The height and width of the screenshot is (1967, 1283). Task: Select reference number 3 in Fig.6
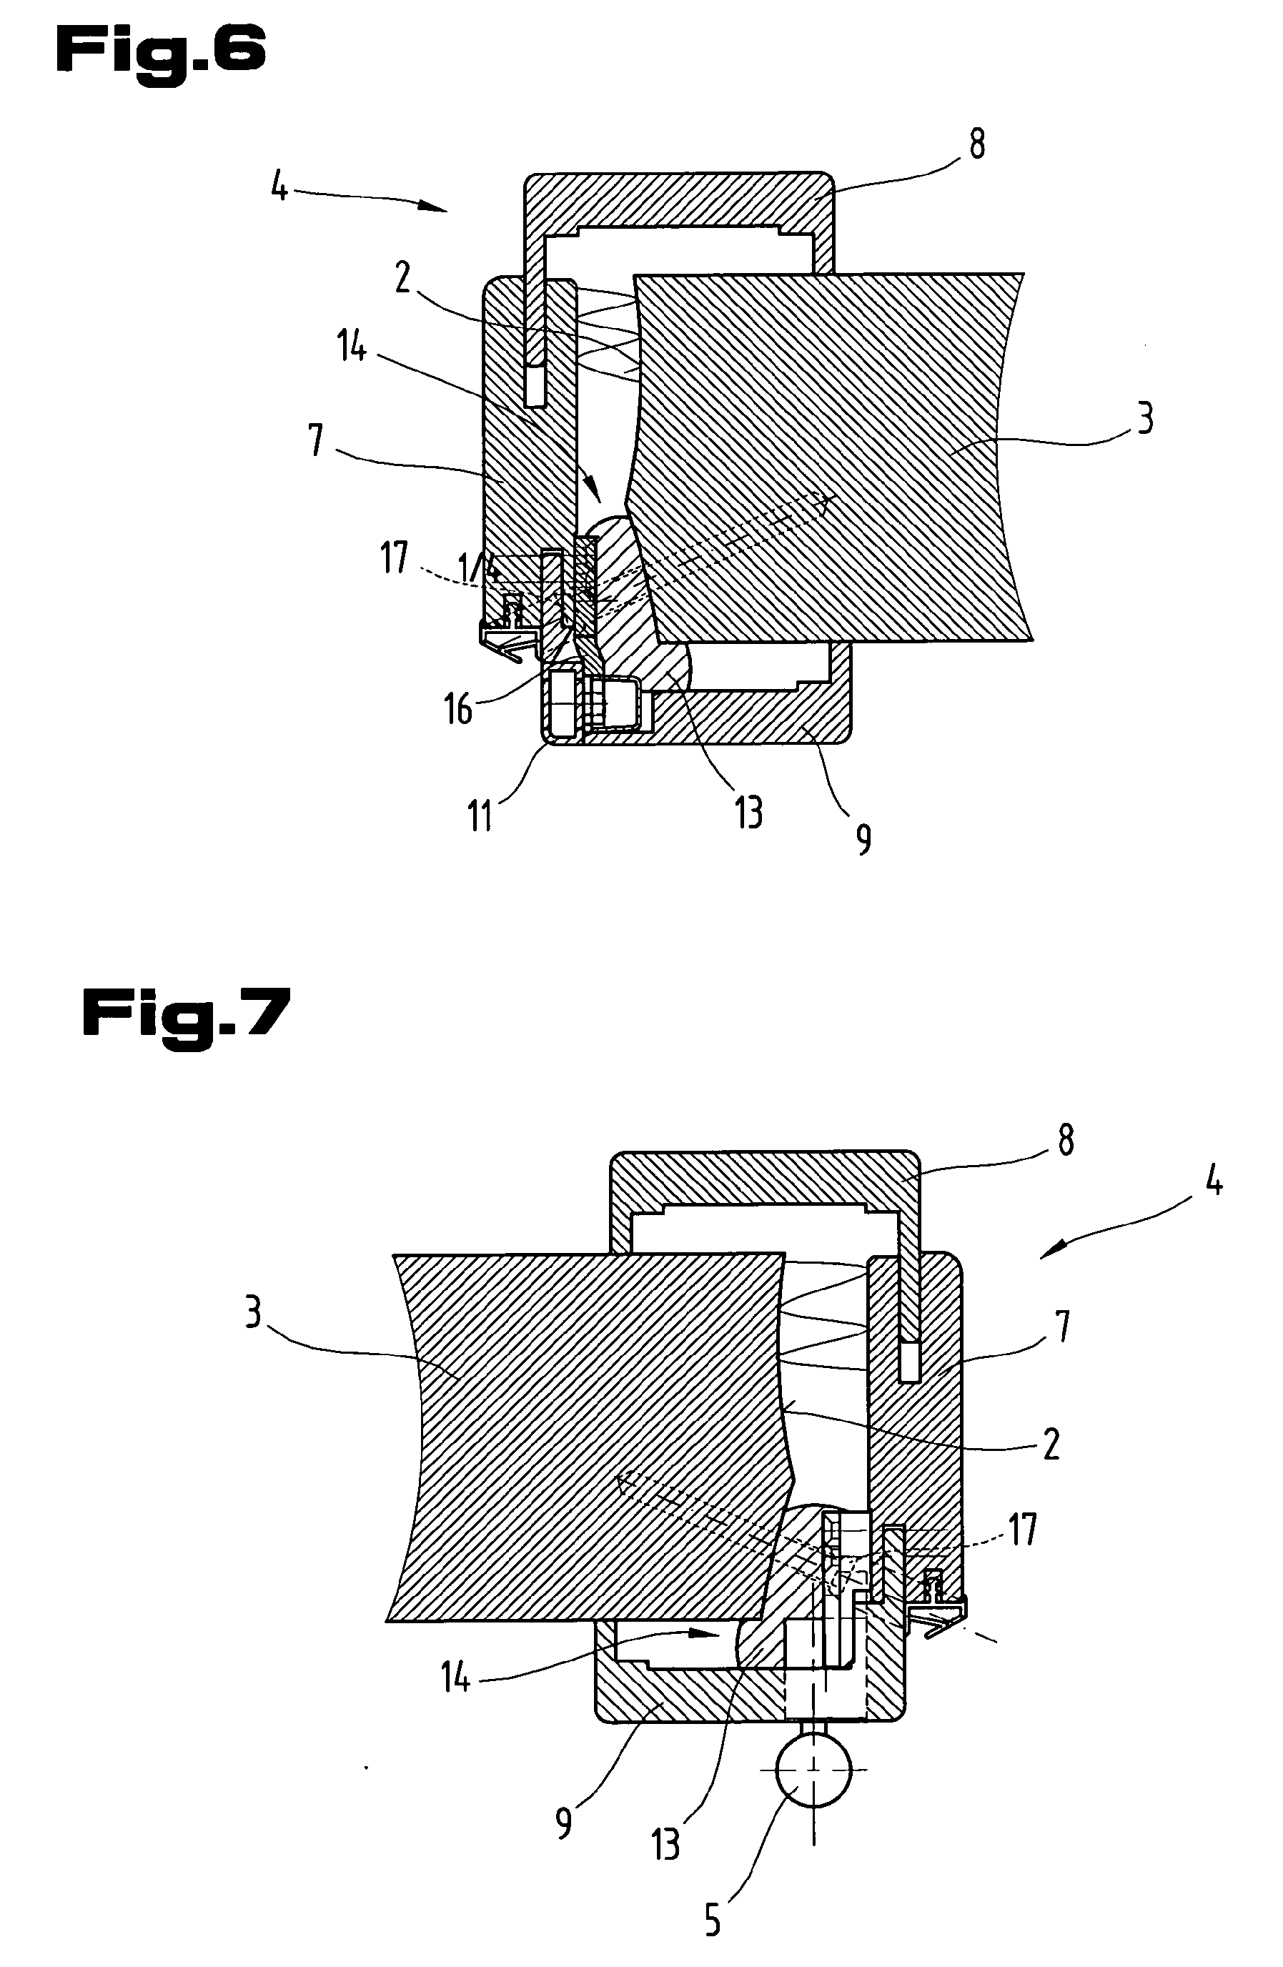click(1144, 419)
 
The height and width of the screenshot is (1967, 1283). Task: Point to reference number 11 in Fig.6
click(481, 816)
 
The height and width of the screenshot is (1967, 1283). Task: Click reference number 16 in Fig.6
click(458, 709)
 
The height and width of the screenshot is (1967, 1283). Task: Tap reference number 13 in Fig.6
click(748, 813)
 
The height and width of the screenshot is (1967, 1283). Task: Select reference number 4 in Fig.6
click(280, 187)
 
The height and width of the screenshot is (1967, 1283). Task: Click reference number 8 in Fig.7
click(1066, 1141)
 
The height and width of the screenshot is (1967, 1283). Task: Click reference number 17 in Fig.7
click(1023, 1530)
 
